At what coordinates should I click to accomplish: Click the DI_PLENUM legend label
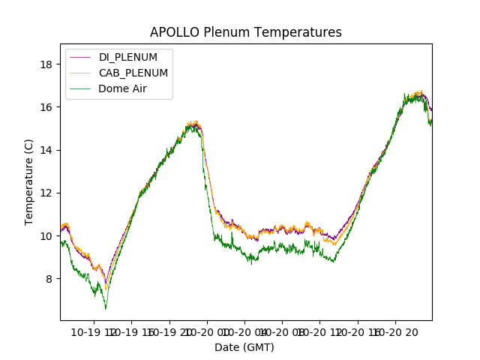click(127, 57)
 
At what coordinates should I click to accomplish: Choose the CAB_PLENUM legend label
click(133, 73)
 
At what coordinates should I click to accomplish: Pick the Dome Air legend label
click(122, 88)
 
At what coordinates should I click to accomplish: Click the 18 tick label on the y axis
click(46, 64)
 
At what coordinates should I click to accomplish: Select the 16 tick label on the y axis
click(46, 107)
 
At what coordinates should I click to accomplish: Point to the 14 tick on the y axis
click(46, 150)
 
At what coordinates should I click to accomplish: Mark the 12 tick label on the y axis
click(46, 193)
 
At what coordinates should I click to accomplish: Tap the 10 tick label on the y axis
click(46, 235)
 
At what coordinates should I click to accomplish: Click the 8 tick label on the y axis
click(49, 279)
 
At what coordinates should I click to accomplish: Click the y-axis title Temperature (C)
click(29, 181)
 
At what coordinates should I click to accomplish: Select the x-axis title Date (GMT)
click(244, 347)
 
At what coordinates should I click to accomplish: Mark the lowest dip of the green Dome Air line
click(106, 307)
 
